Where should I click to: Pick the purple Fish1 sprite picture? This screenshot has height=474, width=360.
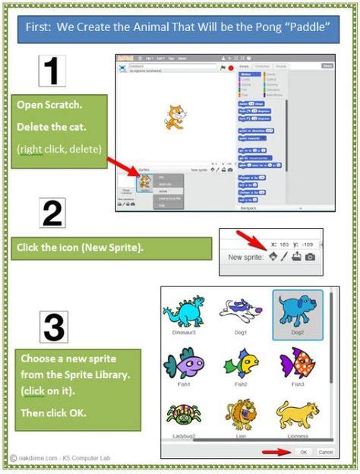(185, 363)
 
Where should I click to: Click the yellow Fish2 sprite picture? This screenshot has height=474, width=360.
(242, 363)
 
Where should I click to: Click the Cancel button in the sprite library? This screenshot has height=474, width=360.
(325, 452)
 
